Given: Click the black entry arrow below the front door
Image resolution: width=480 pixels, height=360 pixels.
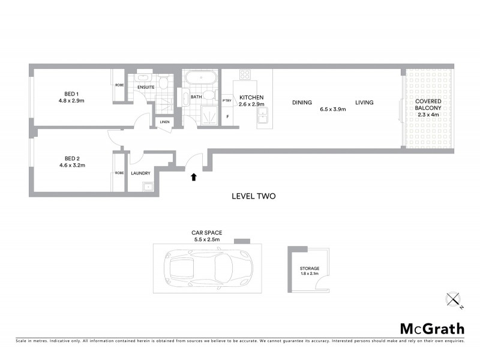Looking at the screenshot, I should coord(193,177).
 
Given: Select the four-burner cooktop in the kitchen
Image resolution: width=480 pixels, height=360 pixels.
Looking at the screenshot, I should coord(245,75).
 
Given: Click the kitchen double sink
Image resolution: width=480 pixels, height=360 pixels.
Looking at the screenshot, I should coord(263,117).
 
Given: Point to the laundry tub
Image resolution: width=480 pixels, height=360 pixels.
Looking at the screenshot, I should coord(148,187).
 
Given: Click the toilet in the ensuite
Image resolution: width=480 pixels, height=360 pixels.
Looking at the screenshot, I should coord(163,83).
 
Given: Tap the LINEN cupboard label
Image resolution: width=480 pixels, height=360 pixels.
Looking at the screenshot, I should coord(164,122).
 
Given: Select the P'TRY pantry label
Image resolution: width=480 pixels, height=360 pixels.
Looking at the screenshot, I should coord(227,100).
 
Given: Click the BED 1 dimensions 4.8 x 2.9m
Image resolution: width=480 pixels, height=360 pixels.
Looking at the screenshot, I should coord(71,101).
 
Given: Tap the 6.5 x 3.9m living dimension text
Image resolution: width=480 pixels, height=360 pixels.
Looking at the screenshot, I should coord(333,109).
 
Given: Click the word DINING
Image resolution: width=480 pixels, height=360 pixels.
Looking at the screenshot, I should coord(302,103).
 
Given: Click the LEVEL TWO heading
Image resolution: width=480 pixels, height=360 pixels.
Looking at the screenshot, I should coord(253,196).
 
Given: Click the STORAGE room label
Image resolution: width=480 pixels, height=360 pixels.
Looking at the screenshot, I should coord(310,269).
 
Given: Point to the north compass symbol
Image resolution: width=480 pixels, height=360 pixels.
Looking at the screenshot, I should coord(454,299).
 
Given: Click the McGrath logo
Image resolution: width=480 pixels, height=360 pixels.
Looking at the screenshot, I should coord(432,328).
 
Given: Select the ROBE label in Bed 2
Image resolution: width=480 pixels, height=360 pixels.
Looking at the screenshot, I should coord(119,173).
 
